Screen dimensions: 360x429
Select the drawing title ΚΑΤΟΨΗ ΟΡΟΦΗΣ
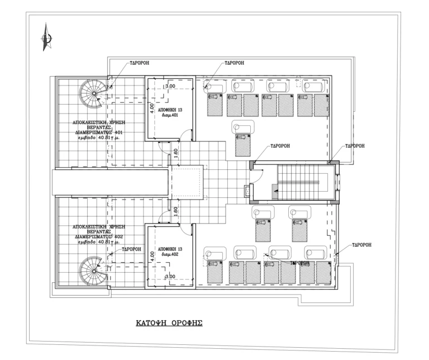pos(169,323)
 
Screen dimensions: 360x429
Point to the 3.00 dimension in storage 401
pos(169,87)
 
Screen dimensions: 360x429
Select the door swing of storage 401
pos(162,147)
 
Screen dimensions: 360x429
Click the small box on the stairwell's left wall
pos(247,190)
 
